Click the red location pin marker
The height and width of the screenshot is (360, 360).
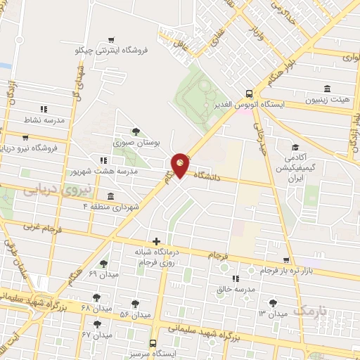click(x=180, y=165)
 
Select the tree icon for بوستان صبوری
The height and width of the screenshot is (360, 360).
click(x=136, y=131)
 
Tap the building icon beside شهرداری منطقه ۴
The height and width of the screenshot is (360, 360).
click(x=111, y=196)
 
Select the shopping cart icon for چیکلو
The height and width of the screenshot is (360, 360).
click(x=110, y=40)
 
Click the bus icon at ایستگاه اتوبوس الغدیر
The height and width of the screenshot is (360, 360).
click(x=249, y=93)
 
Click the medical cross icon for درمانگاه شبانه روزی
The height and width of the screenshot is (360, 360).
click(x=156, y=241)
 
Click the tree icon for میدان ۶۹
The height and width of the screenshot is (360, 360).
click(x=103, y=264)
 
